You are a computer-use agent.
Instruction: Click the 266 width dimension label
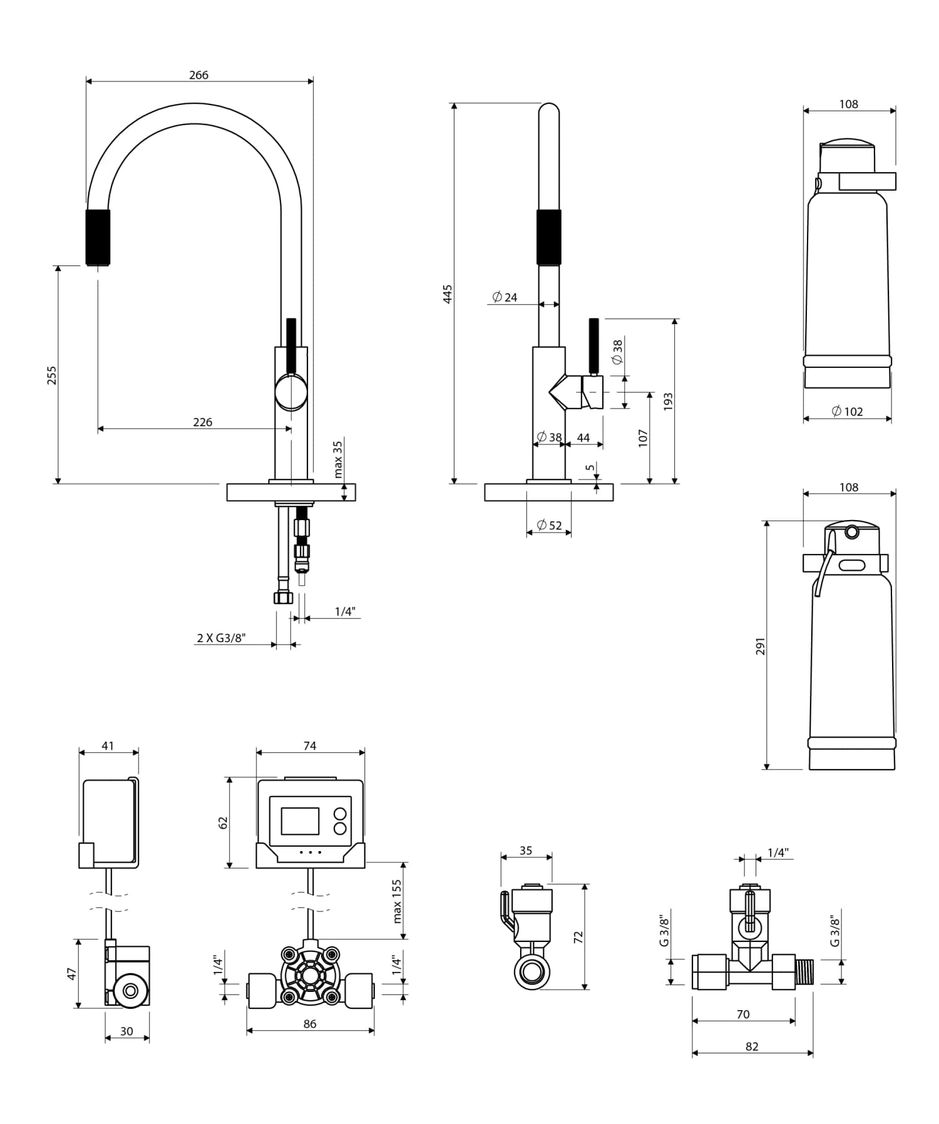198,75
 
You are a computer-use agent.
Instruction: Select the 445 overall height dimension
448,294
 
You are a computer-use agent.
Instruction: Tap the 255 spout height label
52,375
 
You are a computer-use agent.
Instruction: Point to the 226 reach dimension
202,422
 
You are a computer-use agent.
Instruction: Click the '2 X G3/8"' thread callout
221,638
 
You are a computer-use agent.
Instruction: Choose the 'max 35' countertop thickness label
337,459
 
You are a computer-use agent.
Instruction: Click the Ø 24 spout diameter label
505,297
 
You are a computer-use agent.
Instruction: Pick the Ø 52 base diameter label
549,526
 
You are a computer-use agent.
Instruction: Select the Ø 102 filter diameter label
847,411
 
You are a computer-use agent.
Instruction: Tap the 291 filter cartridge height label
760,646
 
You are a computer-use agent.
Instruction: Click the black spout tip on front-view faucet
98,237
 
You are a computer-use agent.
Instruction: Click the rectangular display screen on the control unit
300,820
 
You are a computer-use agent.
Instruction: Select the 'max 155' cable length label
397,901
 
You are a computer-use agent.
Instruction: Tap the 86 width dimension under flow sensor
309,1024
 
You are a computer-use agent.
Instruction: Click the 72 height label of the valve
578,937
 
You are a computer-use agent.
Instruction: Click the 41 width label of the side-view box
108,746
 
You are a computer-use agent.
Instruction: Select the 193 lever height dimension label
668,401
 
